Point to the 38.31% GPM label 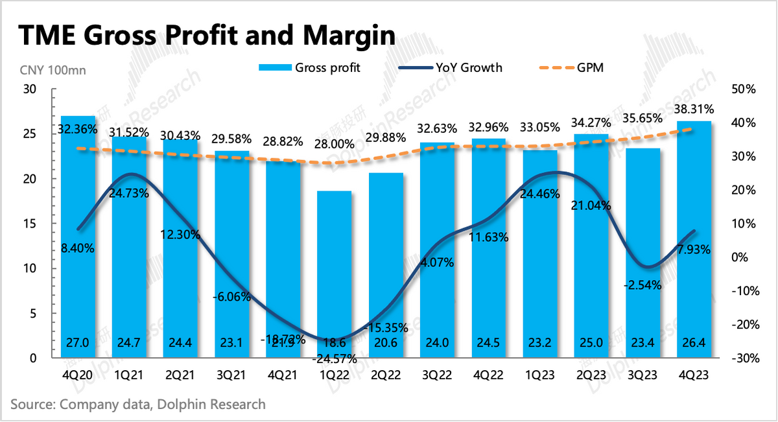pyautogui.click(x=694, y=109)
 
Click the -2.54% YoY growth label pyautogui.click(x=642, y=285)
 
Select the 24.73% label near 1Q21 pyautogui.click(x=130, y=193)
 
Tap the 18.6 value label pyautogui.click(x=335, y=343)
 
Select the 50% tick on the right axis pyautogui.click(x=743, y=89)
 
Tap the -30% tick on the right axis pyautogui.click(x=742, y=358)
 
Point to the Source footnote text pyautogui.click(x=138, y=404)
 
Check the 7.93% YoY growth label pyautogui.click(x=694, y=248)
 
